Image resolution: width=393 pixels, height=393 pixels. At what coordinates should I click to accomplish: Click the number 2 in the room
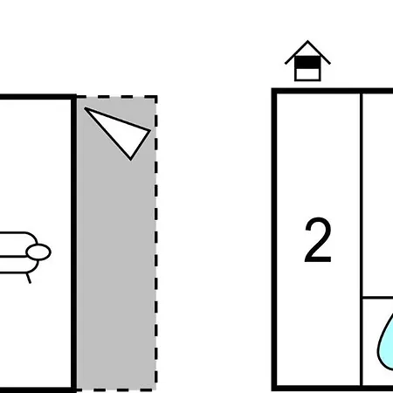(x=318, y=240)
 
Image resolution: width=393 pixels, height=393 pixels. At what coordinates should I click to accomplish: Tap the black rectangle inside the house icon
(x=307, y=63)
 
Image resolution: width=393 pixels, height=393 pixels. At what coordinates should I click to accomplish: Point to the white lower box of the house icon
(x=307, y=74)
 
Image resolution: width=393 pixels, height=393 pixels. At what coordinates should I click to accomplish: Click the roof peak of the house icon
(x=307, y=41)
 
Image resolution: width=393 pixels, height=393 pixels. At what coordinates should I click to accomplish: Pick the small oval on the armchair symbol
(x=38, y=252)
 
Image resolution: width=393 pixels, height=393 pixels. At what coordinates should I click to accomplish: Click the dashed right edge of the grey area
(x=156, y=243)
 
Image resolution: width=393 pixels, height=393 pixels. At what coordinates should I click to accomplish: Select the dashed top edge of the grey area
(x=116, y=97)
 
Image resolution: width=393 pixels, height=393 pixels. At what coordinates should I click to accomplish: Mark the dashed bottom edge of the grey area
(x=116, y=390)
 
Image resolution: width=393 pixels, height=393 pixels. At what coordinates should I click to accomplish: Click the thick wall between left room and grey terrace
(x=74, y=243)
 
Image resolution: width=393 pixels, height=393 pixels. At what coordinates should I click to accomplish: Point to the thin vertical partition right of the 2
(x=362, y=239)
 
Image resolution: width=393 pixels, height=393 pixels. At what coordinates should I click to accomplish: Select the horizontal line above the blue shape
(x=378, y=298)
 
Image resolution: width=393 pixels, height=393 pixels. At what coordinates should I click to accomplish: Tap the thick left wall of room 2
(x=274, y=239)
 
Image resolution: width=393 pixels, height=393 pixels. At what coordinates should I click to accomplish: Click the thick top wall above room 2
(x=332, y=91)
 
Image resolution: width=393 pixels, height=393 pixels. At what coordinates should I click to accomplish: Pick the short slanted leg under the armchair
(x=29, y=278)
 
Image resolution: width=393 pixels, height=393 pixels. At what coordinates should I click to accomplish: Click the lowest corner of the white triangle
(x=131, y=160)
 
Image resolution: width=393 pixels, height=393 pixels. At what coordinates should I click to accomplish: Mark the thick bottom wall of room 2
(x=332, y=389)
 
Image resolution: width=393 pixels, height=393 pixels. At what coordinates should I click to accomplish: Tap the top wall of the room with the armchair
(x=37, y=97)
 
